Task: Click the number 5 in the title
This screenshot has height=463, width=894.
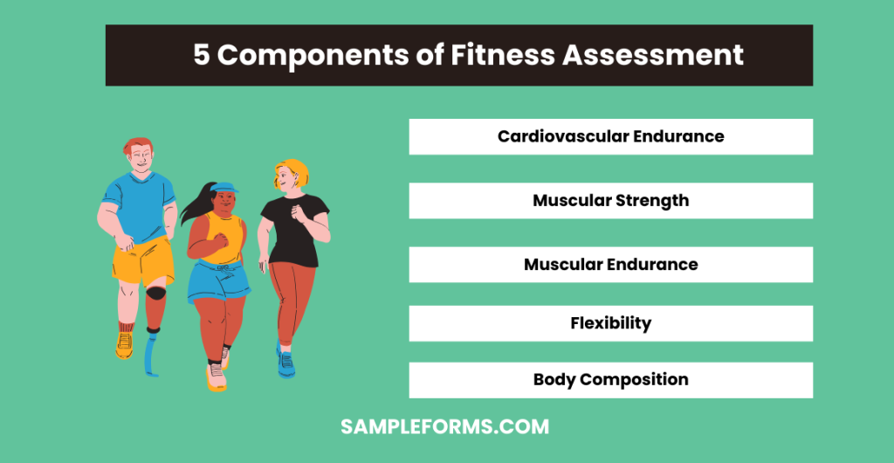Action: coord(201,55)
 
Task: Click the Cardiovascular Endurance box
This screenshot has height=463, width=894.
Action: coord(610,136)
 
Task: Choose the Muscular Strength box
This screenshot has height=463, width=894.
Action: coord(610,200)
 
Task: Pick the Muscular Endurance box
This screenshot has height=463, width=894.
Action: coord(610,264)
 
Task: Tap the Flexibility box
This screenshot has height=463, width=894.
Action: coord(610,323)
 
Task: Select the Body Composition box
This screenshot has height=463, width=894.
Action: coord(610,380)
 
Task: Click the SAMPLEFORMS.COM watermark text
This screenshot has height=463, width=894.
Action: coord(445,427)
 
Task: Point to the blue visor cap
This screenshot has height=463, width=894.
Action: coord(223,187)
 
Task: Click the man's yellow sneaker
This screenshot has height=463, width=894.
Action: coord(124,344)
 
